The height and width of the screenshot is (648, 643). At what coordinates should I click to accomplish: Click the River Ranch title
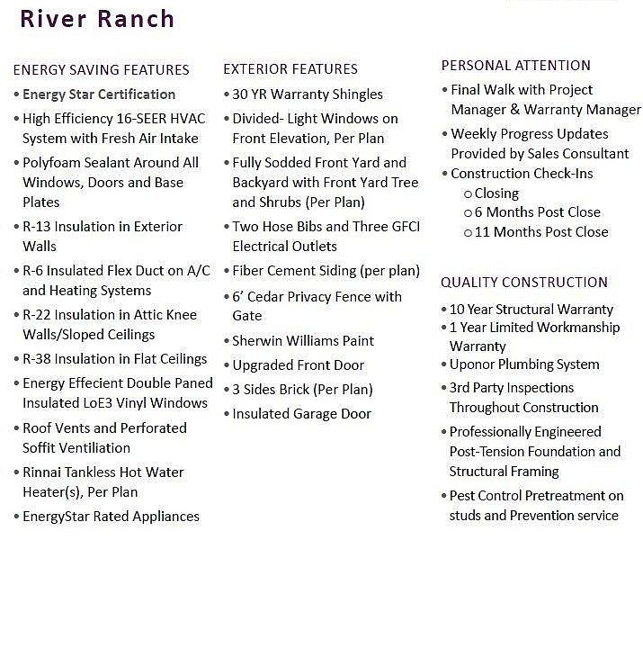97,19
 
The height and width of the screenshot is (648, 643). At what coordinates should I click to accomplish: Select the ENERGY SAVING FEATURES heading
101,70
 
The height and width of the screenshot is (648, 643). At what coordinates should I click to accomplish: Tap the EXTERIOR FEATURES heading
290,69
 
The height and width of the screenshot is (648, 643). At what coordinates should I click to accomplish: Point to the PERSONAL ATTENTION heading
515,66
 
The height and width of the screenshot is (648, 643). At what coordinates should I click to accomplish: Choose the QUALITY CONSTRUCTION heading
524,283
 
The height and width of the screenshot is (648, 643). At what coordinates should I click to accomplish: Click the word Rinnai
46,472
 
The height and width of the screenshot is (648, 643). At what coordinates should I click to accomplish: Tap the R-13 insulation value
40,227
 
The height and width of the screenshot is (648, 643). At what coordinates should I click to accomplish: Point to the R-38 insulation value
40,359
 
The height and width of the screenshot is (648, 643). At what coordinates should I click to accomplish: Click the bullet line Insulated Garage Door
301,414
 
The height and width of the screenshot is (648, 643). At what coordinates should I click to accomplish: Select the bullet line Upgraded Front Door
298,365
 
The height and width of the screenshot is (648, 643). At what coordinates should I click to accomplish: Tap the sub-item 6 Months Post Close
537,212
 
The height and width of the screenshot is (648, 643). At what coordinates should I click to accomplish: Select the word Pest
464,496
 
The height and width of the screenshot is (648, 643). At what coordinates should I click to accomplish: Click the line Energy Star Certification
99,94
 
